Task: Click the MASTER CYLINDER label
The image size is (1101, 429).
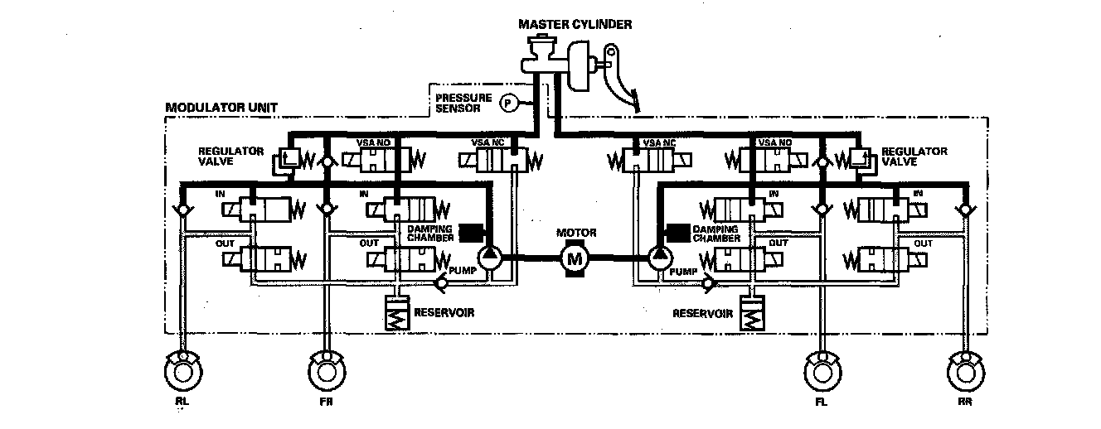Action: coord(575,24)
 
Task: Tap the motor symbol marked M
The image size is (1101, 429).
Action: coord(574,258)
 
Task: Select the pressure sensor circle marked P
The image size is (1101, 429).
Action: coord(507,102)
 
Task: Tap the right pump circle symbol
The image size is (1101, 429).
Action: coord(661,257)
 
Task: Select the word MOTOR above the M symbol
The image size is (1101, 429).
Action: coord(576,233)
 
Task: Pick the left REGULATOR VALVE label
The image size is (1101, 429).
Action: coord(231,157)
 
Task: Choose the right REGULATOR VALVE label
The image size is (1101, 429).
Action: coord(914,157)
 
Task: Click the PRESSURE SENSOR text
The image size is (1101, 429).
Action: coord(463,102)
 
